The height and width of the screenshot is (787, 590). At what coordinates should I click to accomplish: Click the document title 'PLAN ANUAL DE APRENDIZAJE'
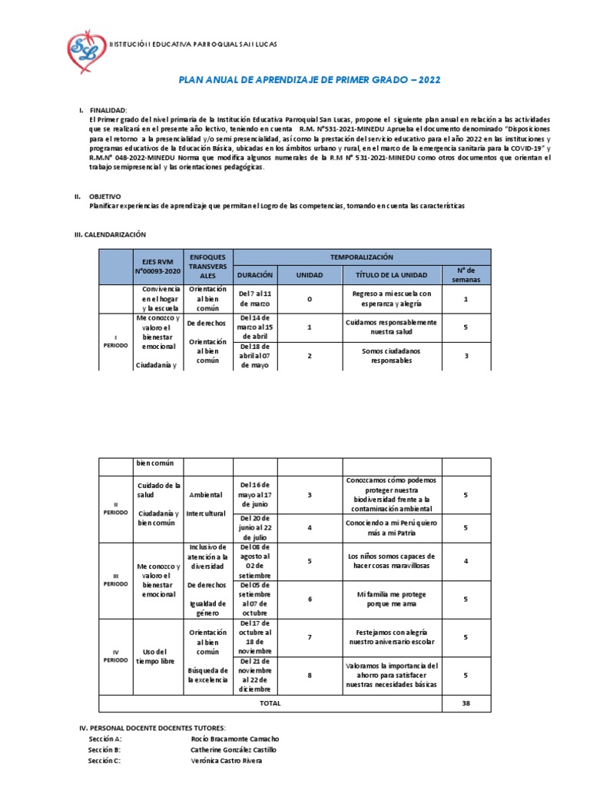(x=310, y=79)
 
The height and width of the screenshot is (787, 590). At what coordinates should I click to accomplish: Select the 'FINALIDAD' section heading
(x=108, y=111)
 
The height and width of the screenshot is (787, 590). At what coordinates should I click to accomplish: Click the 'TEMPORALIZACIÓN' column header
(x=361, y=257)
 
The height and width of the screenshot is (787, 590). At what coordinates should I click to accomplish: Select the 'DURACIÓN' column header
(x=254, y=274)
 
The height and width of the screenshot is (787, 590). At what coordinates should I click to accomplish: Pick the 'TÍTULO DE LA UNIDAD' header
(x=393, y=274)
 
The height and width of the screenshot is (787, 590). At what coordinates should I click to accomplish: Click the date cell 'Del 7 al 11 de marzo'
(x=254, y=298)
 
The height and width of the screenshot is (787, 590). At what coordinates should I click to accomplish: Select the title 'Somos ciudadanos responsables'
(x=392, y=355)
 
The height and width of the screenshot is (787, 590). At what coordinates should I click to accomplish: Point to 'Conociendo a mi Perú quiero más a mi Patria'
(x=392, y=527)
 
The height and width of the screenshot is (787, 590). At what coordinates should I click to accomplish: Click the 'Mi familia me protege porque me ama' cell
(x=392, y=599)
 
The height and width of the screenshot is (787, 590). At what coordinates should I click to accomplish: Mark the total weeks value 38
(x=466, y=703)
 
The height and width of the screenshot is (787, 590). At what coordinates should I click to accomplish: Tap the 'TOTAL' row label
(x=270, y=703)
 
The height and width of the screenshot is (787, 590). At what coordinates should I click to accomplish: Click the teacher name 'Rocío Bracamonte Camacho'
(x=235, y=739)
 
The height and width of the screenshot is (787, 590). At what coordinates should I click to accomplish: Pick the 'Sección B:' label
(x=104, y=749)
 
